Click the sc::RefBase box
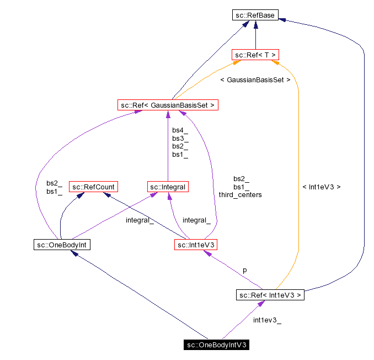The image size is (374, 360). click(x=255, y=15)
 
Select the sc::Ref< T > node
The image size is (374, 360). click(x=255, y=55)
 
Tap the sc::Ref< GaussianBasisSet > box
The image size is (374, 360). click(x=168, y=104)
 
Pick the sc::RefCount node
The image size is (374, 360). click(x=93, y=187)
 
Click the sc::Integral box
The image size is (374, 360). click(x=168, y=187)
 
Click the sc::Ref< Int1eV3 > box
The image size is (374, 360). click(x=270, y=295)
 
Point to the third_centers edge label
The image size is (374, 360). click(x=240, y=195)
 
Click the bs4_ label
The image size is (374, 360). click(x=180, y=131)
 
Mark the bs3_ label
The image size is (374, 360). click(x=180, y=139)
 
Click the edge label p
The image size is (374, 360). click(x=245, y=271)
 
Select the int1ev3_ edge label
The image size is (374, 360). click(x=268, y=320)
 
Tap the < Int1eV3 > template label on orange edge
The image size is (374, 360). click(x=322, y=187)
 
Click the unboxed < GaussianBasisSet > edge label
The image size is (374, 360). click(x=255, y=80)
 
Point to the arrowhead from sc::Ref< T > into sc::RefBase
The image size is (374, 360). click(x=255, y=24)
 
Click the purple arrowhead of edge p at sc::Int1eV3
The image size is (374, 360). click(x=207, y=253)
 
